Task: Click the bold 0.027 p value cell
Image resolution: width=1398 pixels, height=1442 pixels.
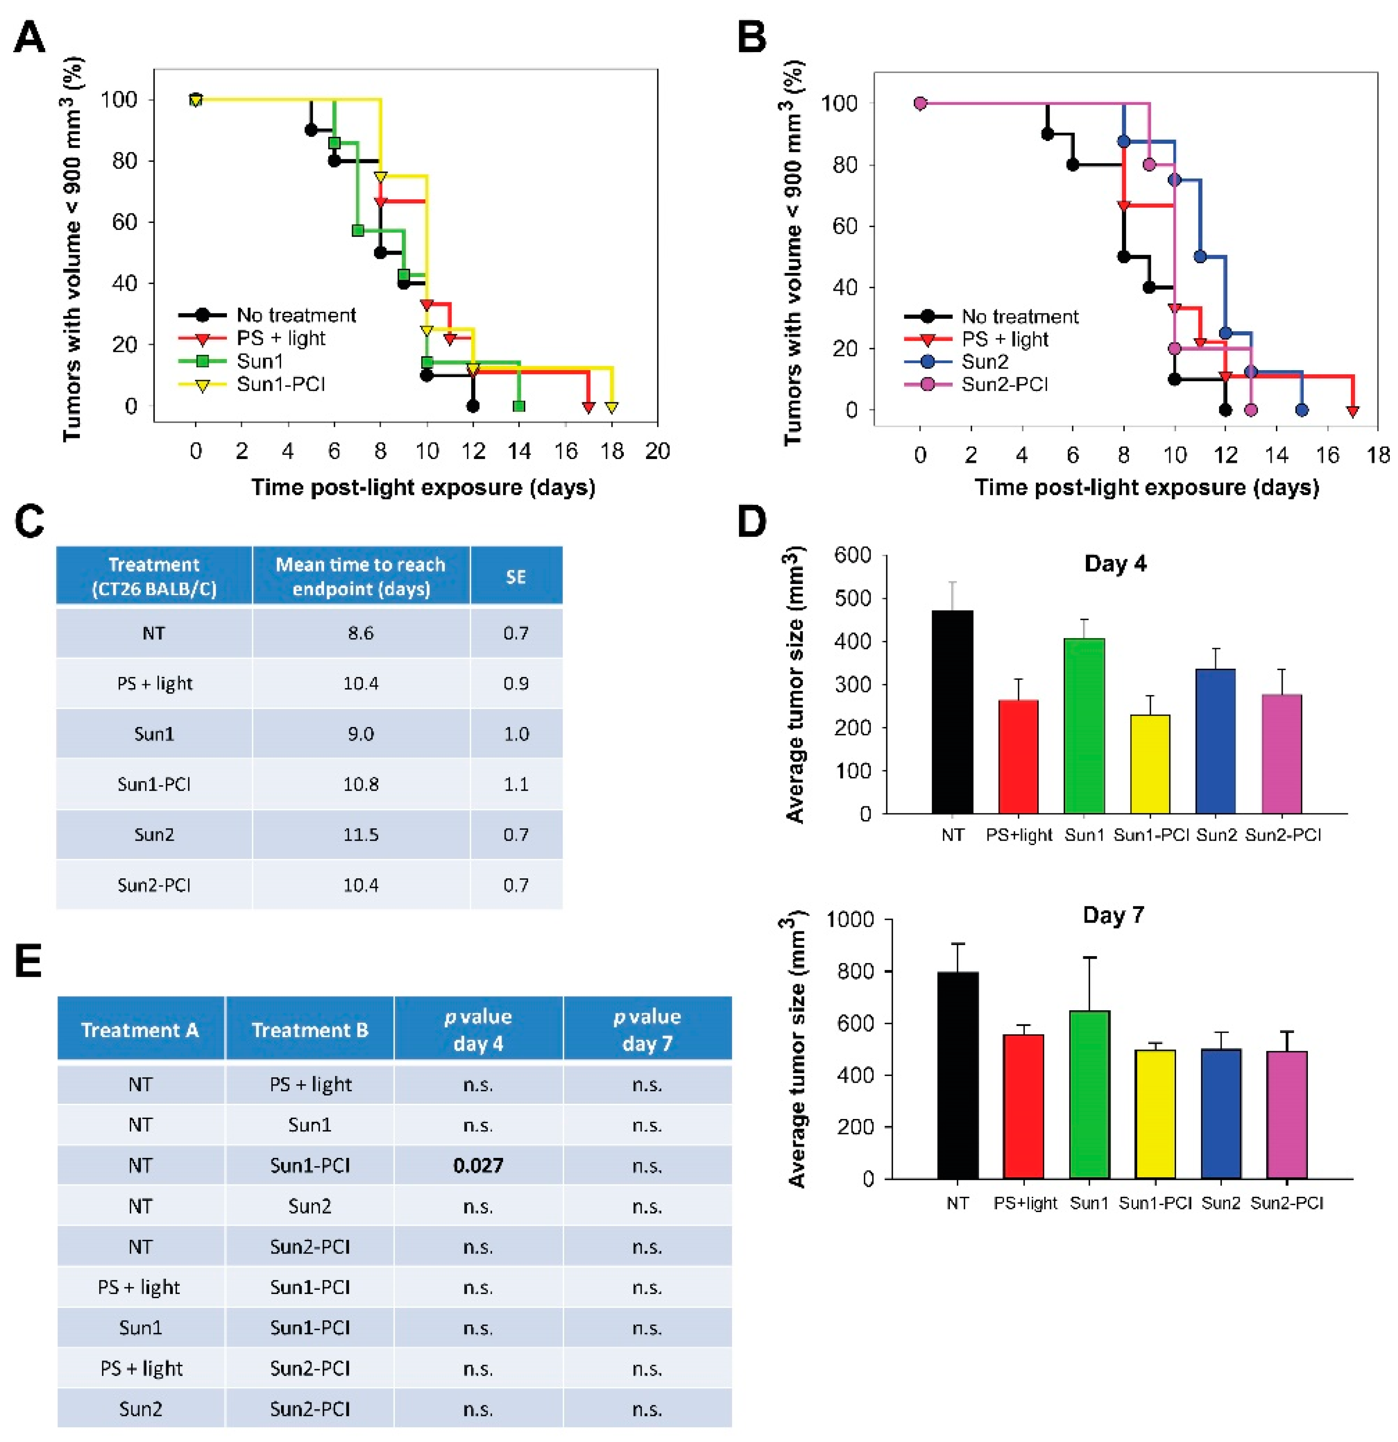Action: point(478,1165)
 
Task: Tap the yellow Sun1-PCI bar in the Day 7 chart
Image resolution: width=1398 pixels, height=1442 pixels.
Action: point(1155,1114)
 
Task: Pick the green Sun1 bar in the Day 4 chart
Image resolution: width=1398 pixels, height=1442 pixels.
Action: point(1084,726)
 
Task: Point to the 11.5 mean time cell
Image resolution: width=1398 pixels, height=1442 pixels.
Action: point(360,834)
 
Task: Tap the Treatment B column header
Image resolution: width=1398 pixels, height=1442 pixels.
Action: point(310,1030)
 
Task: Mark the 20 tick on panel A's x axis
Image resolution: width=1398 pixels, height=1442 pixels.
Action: point(657,451)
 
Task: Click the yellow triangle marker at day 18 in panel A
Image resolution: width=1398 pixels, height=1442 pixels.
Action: point(611,407)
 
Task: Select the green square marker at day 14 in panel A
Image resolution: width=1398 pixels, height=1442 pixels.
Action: point(519,406)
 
